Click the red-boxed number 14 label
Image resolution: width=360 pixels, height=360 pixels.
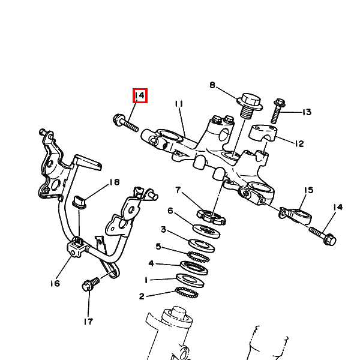tap(140, 95)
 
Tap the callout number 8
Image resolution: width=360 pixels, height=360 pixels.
tap(212, 85)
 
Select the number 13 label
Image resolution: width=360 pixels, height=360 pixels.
tap(307, 112)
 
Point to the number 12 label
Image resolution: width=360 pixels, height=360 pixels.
tap(299, 144)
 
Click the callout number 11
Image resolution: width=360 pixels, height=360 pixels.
tap(179, 104)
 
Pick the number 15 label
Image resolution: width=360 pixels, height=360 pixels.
tap(308, 190)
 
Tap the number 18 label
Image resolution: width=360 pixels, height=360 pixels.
tap(115, 182)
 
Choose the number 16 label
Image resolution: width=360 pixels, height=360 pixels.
tap(55, 283)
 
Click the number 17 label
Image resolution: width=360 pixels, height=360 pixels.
tap(88, 322)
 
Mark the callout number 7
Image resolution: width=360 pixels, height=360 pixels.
tap(178, 190)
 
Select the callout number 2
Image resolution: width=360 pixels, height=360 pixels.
tap(142, 296)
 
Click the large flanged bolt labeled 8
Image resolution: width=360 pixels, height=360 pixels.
tap(250, 106)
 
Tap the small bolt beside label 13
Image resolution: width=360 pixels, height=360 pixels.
tap(278, 112)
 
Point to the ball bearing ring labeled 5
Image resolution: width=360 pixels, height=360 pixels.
tap(199, 256)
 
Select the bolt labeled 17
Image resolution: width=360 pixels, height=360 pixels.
tap(91, 284)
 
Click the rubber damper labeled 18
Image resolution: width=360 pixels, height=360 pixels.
tap(79, 202)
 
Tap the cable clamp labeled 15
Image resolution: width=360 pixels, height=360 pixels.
tap(295, 215)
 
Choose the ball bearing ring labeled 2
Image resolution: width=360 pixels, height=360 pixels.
tap(187, 293)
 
